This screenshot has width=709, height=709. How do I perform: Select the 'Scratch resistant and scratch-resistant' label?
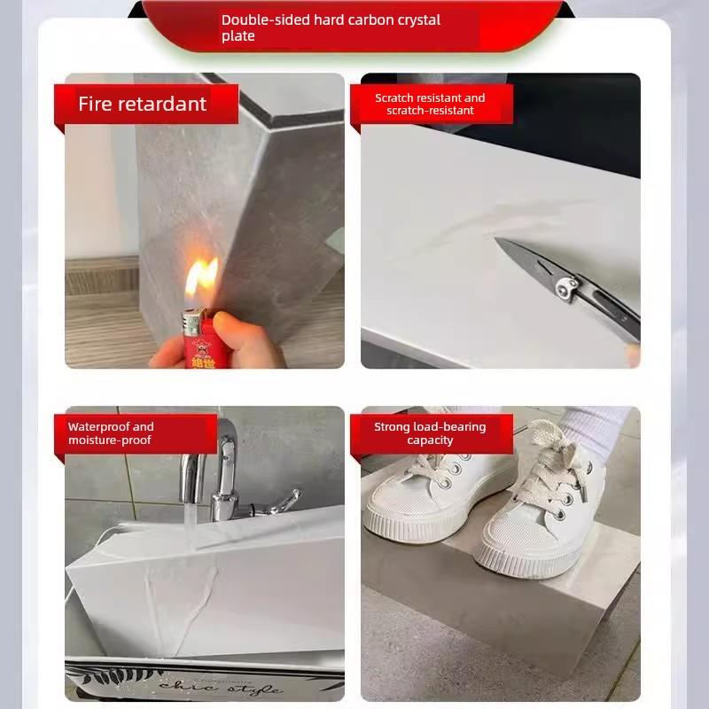[x=430, y=105]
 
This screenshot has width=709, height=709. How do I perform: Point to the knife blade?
[x=525, y=261]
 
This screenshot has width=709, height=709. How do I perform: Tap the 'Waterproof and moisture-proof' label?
[x=111, y=433]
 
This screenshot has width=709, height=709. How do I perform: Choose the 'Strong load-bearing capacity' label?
[x=430, y=433]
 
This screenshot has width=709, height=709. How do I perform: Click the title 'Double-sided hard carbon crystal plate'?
[x=331, y=27]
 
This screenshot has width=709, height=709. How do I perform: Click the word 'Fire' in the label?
[x=96, y=104]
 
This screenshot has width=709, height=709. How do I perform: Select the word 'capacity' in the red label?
[x=430, y=440]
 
